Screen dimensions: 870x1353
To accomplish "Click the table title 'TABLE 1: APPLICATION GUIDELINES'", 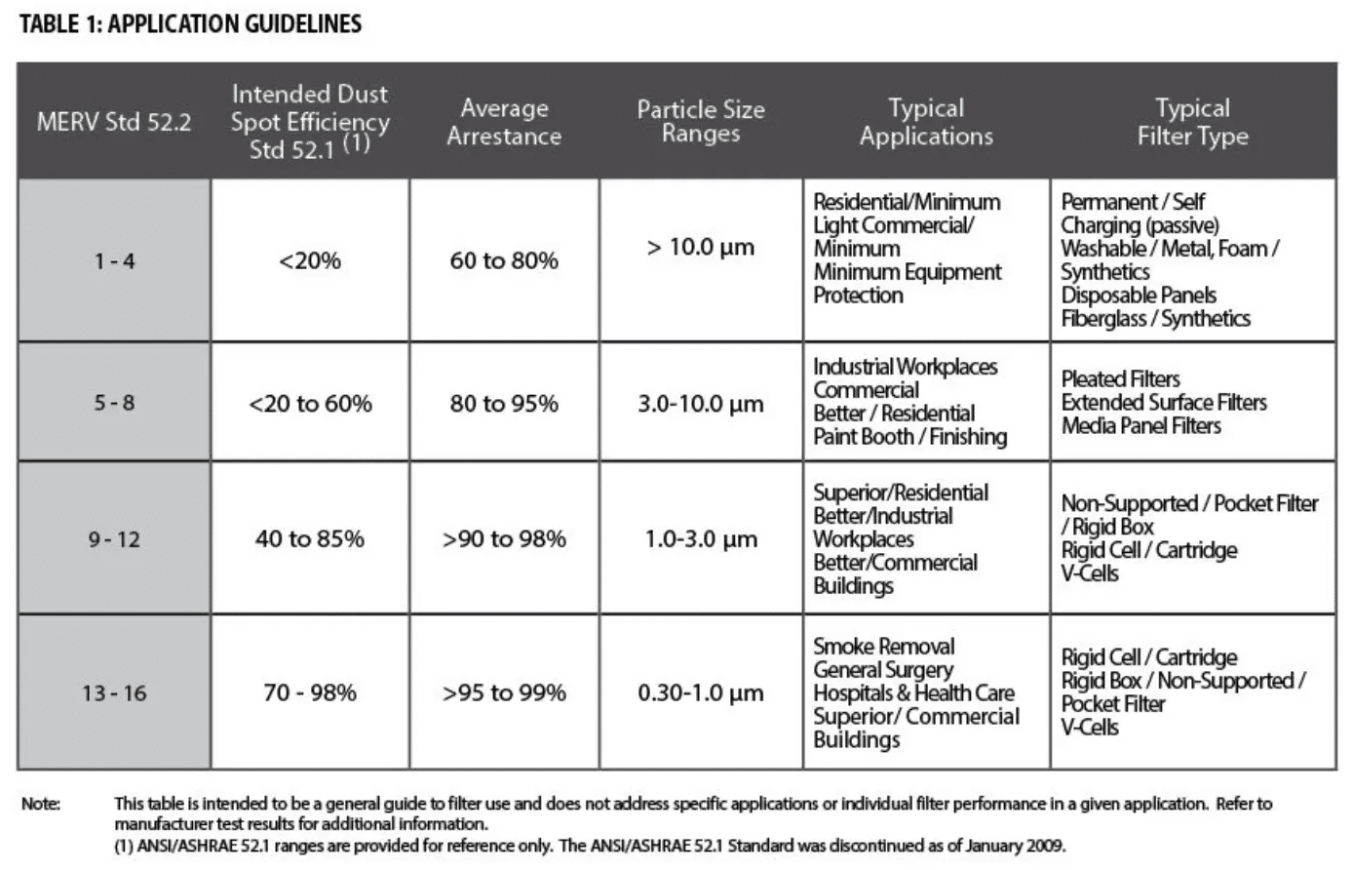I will pyautogui.click(x=190, y=24).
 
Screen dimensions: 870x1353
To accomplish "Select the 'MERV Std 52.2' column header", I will pyautogui.click(x=114, y=122).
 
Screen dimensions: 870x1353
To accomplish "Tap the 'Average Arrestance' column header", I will pyautogui.click(x=504, y=122).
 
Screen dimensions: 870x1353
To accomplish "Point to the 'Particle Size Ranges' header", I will pyautogui.click(x=701, y=122).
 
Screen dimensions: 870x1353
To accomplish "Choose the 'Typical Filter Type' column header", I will pyautogui.click(x=1192, y=122).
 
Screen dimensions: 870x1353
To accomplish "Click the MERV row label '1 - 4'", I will pyautogui.click(x=114, y=261).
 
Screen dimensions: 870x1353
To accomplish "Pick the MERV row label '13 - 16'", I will pyautogui.click(x=114, y=693).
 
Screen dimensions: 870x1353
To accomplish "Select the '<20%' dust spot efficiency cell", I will pyautogui.click(x=310, y=261).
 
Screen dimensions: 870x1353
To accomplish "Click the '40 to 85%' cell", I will pyautogui.click(x=310, y=539).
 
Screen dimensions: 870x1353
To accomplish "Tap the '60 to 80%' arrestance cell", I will pyautogui.click(x=504, y=261).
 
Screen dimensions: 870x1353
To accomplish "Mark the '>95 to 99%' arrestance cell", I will pyautogui.click(x=504, y=693).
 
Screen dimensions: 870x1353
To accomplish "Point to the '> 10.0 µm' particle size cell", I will pyautogui.click(x=701, y=248).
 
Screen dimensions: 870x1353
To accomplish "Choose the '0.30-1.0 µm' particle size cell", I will pyautogui.click(x=701, y=693).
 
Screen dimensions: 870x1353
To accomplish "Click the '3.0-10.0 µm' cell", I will pyautogui.click(x=701, y=404).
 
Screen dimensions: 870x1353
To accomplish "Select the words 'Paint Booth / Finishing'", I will pyautogui.click(x=910, y=437).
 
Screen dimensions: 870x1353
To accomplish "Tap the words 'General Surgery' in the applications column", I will pyautogui.click(x=883, y=670).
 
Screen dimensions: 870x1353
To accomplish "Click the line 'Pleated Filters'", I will pyautogui.click(x=1120, y=379).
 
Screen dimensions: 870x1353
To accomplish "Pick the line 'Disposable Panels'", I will pyautogui.click(x=1139, y=296).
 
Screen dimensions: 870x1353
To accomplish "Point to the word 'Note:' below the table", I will pyautogui.click(x=41, y=804).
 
